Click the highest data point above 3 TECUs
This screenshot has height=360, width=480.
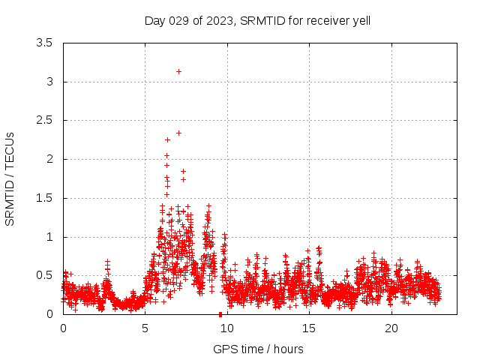click(x=178, y=71)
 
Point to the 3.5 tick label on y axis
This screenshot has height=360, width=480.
click(x=44, y=43)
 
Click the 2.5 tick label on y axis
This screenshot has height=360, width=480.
click(x=44, y=120)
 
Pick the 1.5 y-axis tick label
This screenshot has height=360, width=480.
click(x=44, y=198)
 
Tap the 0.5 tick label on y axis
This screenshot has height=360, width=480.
click(x=44, y=275)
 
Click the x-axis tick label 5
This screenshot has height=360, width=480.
click(x=145, y=328)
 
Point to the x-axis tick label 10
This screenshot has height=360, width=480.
click(x=227, y=328)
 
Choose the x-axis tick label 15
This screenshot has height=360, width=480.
click(x=309, y=328)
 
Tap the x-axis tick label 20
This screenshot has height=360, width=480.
click(x=391, y=328)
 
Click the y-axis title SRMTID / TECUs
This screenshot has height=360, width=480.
click(x=10, y=178)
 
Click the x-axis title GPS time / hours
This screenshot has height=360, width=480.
click(x=258, y=349)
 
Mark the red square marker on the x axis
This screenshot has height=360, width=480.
click(x=220, y=314)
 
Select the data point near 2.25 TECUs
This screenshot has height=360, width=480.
click(x=167, y=139)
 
